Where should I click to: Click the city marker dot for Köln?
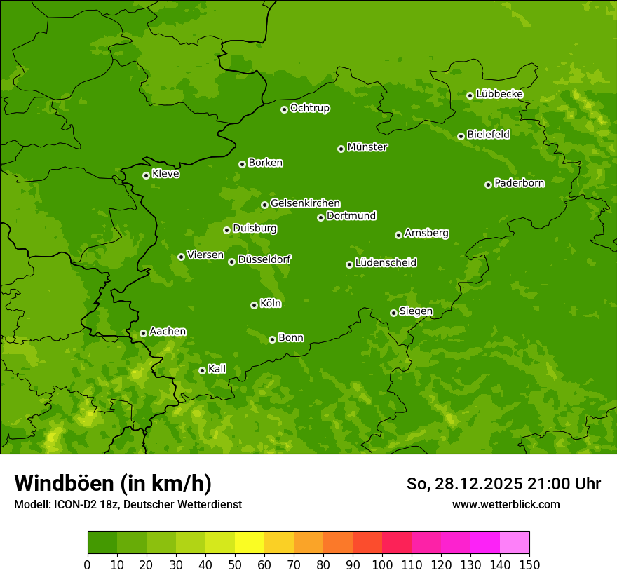(x=254, y=305)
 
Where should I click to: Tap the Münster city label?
(x=367, y=147)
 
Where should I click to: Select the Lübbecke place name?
(x=499, y=94)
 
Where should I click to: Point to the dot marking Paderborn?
(x=488, y=184)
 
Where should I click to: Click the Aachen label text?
(x=168, y=332)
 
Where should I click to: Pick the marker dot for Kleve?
(x=146, y=175)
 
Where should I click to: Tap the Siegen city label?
(x=416, y=311)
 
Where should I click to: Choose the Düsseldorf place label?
(x=264, y=259)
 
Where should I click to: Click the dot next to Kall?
(x=202, y=370)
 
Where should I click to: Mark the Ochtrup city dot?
(x=284, y=109)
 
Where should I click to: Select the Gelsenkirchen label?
(x=305, y=203)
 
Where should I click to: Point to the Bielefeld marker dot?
(x=461, y=136)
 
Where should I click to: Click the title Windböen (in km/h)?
(x=113, y=483)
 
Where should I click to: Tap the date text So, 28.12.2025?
(x=462, y=484)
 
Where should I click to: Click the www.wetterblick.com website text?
(x=506, y=504)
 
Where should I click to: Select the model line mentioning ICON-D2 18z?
(x=128, y=504)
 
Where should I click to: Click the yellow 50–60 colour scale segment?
(x=250, y=542)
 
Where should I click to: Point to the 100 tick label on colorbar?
(x=382, y=564)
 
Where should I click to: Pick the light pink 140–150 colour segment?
(x=515, y=542)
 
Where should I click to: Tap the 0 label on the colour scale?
(x=88, y=564)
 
